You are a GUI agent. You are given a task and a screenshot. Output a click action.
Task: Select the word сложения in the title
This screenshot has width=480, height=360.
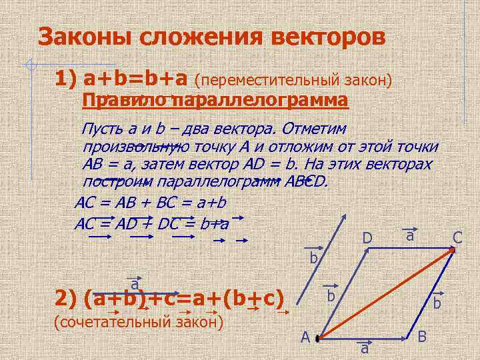(x=193, y=37)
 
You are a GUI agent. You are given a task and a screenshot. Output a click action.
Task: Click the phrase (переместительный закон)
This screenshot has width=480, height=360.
(x=293, y=80)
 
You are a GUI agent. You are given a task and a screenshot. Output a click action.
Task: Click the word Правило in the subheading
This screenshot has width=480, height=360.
(x=125, y=101)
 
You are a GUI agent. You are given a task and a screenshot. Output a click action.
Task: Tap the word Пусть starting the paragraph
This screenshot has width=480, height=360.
(x=101, y=128)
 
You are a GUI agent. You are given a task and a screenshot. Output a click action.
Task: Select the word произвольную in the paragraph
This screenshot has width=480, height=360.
(x=137, y=146)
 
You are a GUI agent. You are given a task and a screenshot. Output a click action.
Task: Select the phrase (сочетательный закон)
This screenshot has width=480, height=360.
(x=137, y=323)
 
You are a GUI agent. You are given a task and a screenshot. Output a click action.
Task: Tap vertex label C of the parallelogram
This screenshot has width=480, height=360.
(x=457, y=237)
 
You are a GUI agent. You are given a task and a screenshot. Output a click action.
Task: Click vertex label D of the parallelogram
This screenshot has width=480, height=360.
(x=367, y=238)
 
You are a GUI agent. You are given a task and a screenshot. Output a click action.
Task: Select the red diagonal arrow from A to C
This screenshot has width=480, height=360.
(x=387, y=293)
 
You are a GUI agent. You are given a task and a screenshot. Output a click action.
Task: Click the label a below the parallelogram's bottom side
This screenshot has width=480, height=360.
(x=365, y=349)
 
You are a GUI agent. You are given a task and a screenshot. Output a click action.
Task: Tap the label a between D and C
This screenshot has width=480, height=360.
(x=411, y=235)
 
